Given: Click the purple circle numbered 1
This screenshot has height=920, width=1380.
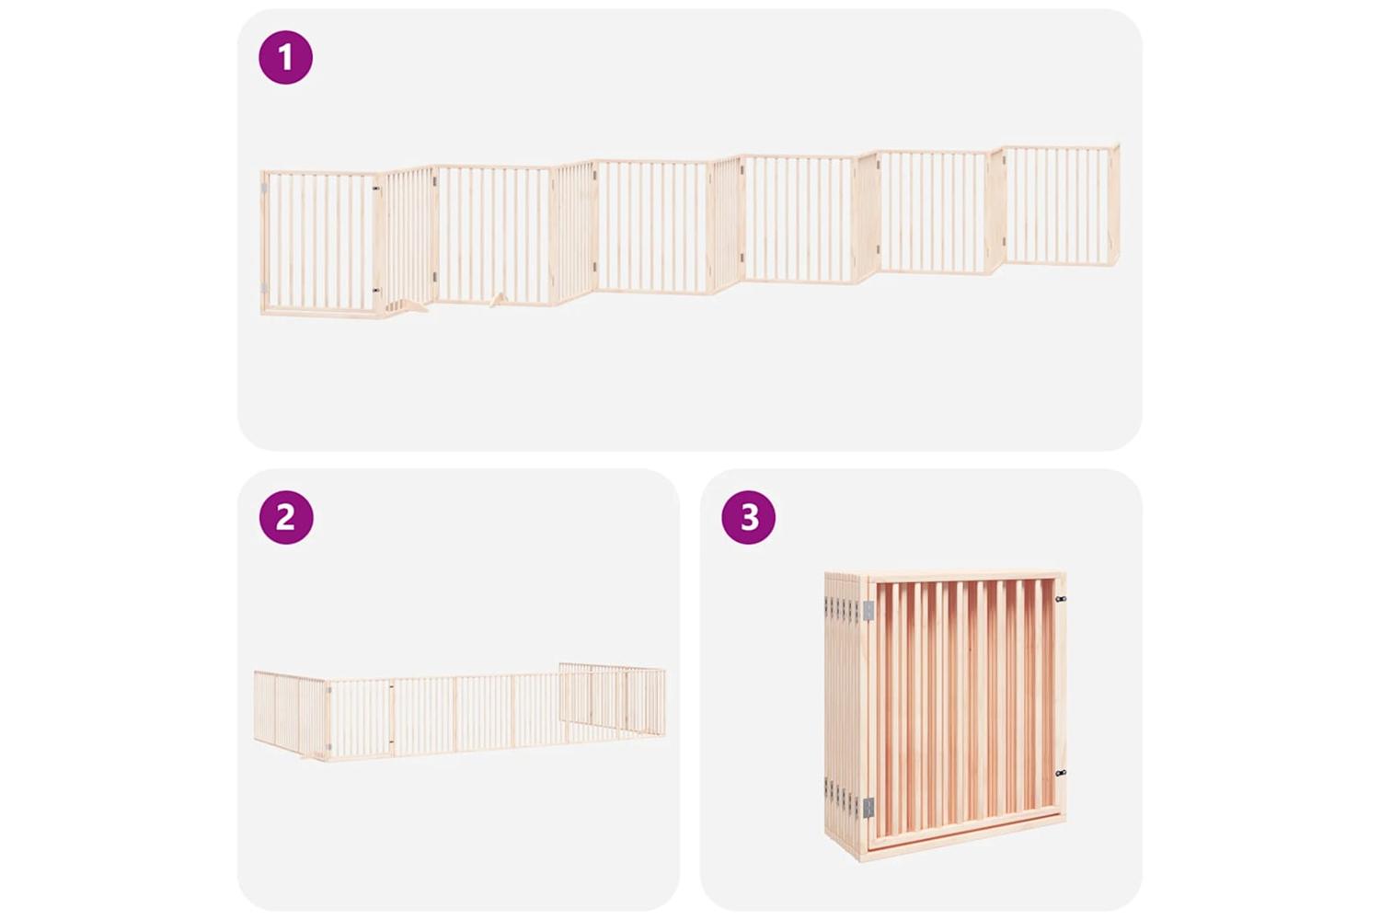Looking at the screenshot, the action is tap(285, 57).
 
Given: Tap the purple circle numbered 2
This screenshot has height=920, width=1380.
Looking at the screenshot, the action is tap(286, 517).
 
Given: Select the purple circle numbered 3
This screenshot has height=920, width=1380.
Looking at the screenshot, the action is tap(749, 517).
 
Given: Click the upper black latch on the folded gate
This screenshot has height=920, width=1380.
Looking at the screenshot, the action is tap(1061, 598).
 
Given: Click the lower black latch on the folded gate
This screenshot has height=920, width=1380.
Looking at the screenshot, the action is tap(1061, 773).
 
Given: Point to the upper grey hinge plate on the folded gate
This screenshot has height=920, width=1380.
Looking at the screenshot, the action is tap(868, 610).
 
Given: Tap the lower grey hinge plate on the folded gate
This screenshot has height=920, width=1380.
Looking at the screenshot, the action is tap(868, 807).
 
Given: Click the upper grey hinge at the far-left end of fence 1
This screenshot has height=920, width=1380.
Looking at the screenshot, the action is tap(264, 188).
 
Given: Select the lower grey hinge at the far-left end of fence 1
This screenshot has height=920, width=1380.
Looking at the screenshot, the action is tap(264, 288).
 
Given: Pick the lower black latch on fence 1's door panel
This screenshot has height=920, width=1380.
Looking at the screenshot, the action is tap(375, 288).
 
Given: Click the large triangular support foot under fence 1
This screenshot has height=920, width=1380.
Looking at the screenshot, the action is tap(410, 305).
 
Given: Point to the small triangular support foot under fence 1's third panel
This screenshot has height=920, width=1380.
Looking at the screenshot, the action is tap(498, 300).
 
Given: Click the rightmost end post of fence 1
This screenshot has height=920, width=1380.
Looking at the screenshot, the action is tap(1116, 205).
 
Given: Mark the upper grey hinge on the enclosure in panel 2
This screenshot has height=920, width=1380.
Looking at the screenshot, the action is tap(328, 696).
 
